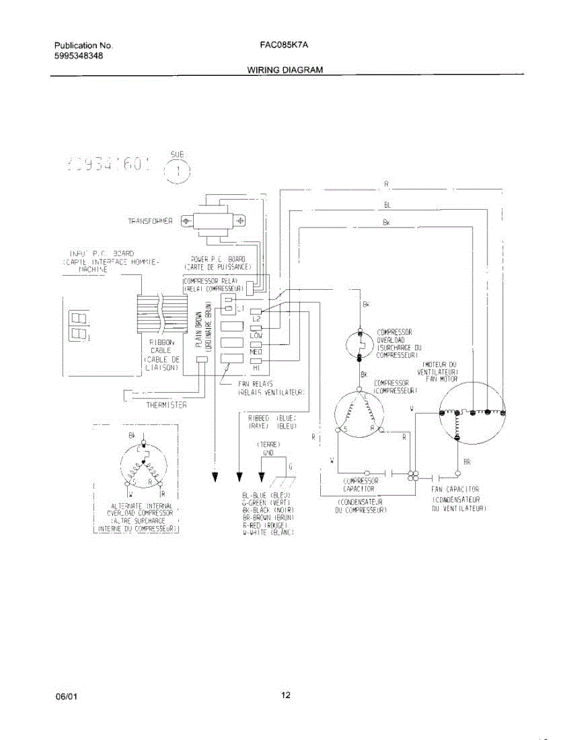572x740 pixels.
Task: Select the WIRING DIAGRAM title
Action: [285, 70]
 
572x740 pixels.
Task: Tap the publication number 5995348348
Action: [79, 55]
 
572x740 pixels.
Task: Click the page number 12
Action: [286, 696]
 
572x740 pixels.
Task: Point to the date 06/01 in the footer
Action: [67, 696]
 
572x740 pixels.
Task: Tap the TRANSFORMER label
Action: [150, 221]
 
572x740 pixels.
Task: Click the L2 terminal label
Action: [257, 319]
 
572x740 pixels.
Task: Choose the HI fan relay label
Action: [256, 368]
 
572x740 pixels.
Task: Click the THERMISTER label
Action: [166, 405]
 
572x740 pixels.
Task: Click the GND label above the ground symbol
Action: [268, 451]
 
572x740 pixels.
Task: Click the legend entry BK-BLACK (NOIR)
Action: [268, 509]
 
